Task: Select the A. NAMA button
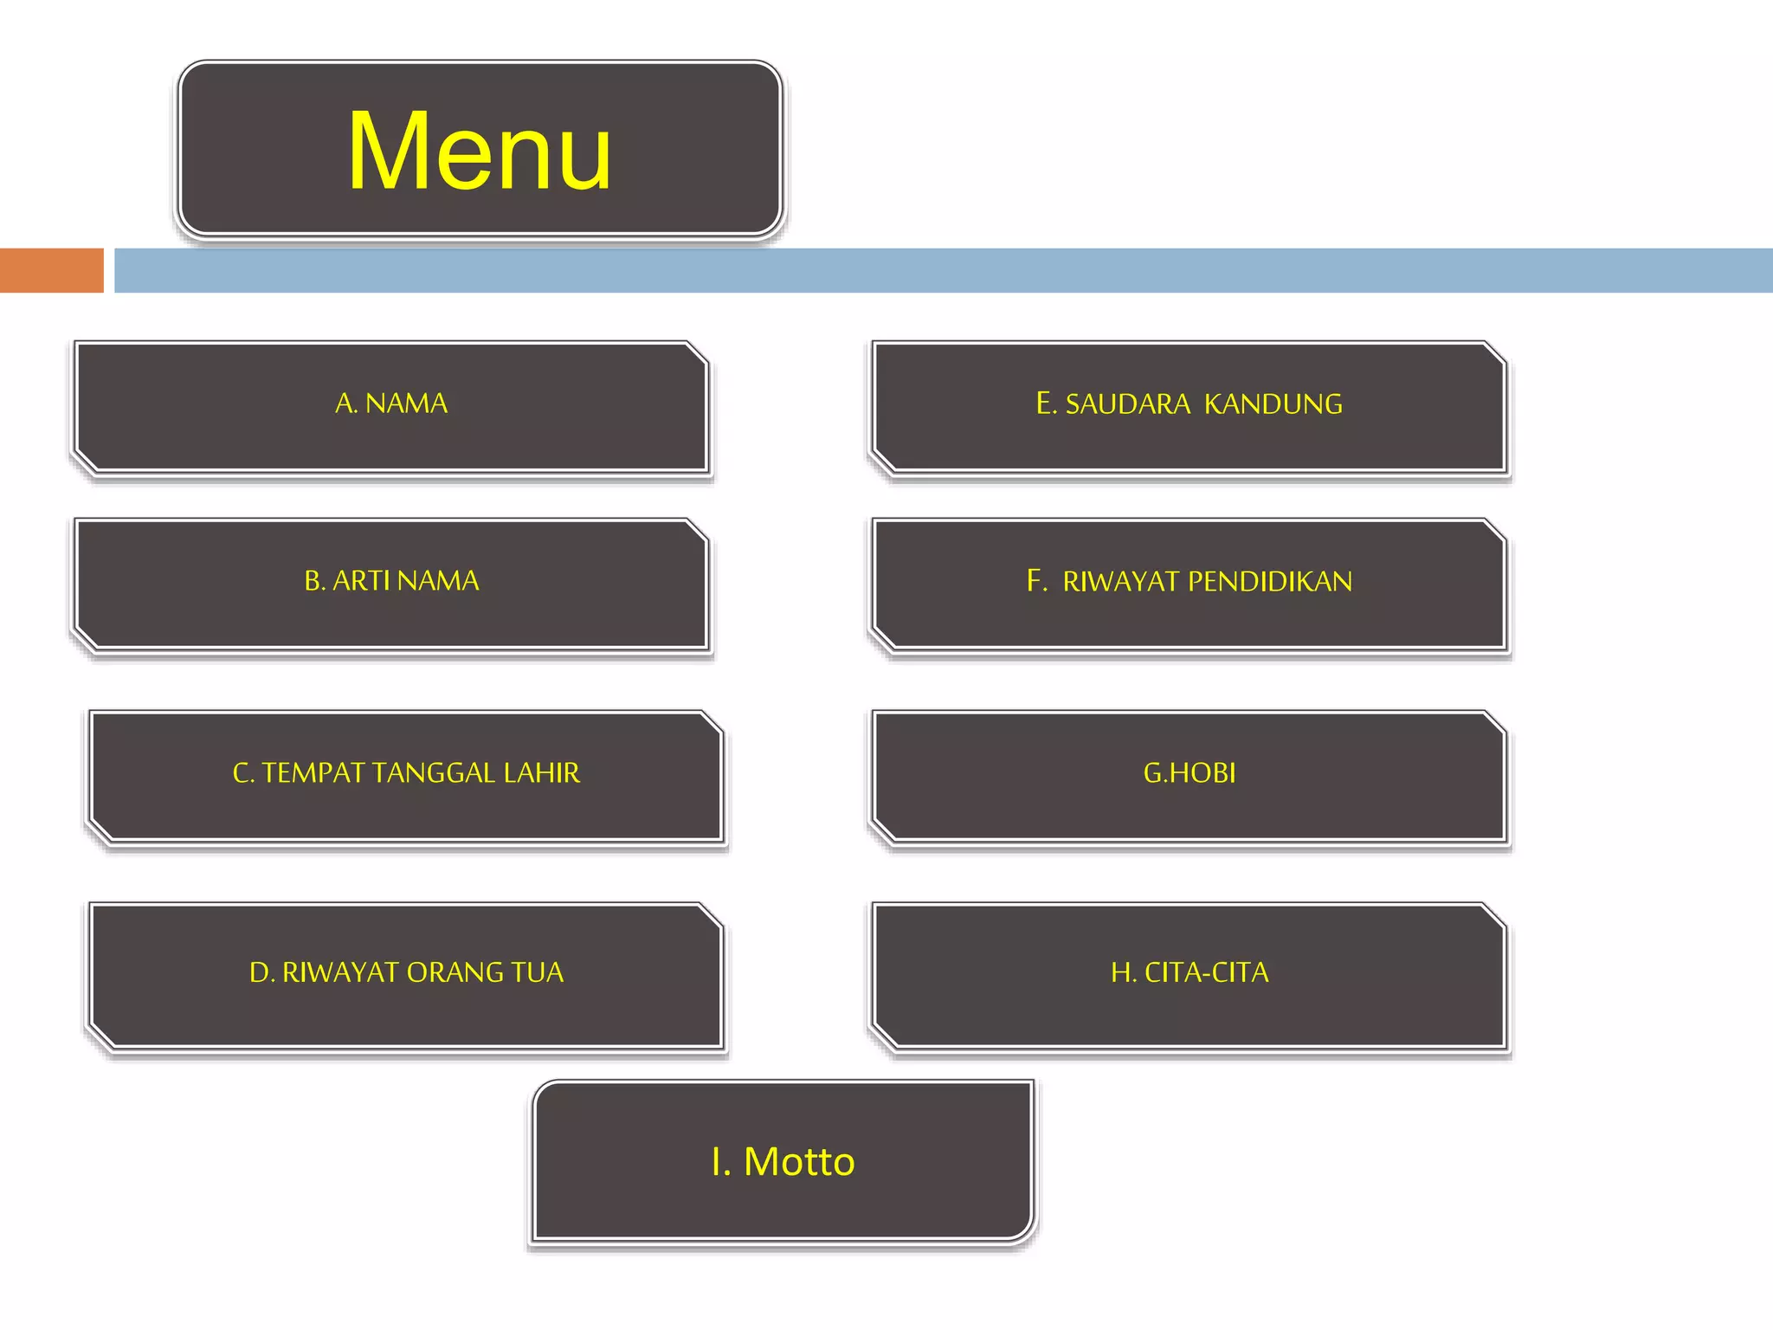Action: (x=391, y=404)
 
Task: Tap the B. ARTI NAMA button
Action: (x=391, y=581)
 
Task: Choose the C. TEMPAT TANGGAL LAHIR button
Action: (x=406, y=773)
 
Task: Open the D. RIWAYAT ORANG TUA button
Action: (x=406, y=972)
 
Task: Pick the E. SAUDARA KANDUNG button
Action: (x=1189, y=404)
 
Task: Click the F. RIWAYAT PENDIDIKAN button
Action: (x=1189, y=581)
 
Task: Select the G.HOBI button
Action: (x=1189, y=773)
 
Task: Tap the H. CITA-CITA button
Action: (x=1189, y=972)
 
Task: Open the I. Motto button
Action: (x=783, y=1161)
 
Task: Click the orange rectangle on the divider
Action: (x=51, y=270)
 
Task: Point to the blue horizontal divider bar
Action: (x=944, y=270)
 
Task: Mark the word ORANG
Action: (x=455, y=973)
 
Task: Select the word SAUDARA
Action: (x=1127, y=404)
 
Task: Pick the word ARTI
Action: (x=361, y=581)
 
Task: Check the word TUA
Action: (x=537, y=973)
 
